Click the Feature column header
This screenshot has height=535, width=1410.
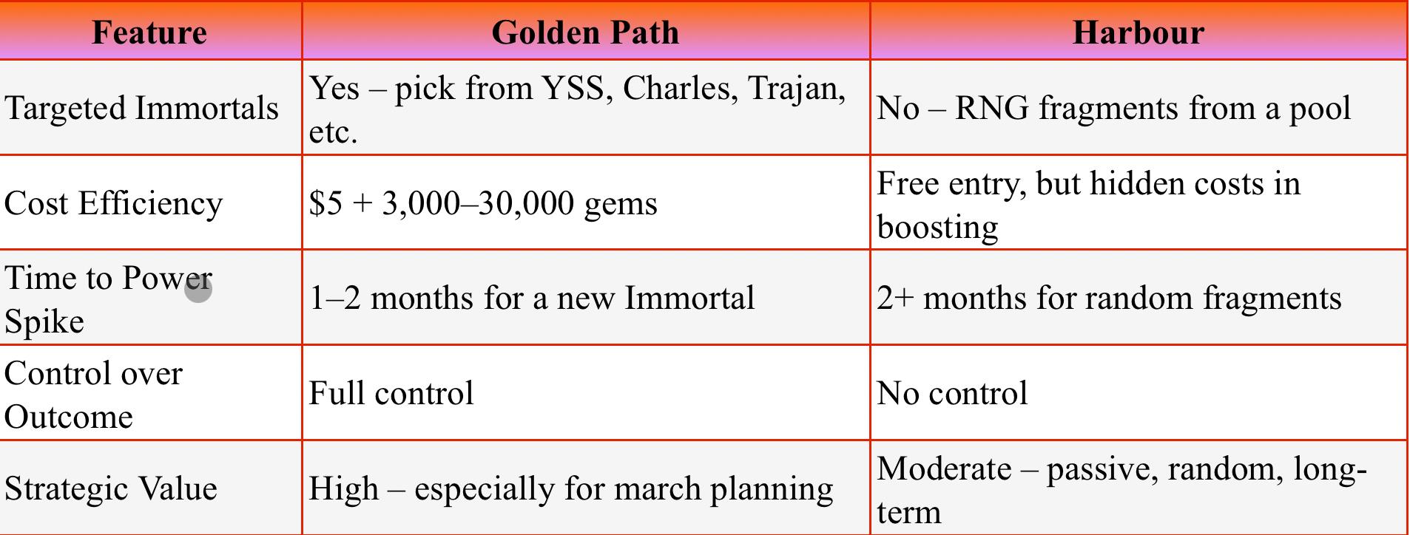(149, 33)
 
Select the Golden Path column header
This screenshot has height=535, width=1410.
(585, 33)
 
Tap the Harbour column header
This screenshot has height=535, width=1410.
(1139, 33)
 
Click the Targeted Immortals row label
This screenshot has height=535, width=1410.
(142, 109)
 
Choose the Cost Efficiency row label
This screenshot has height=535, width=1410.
(114, 203)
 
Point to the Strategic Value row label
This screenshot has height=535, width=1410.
(111, 488)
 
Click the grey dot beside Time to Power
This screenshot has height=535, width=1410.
(198, 289)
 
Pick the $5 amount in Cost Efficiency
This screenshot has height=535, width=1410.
(325, 203)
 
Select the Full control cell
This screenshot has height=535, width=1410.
(391, 393)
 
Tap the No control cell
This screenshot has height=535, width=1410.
(952, 393)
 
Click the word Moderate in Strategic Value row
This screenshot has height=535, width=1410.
(944, 468)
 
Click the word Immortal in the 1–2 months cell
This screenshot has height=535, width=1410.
(689, 298)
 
